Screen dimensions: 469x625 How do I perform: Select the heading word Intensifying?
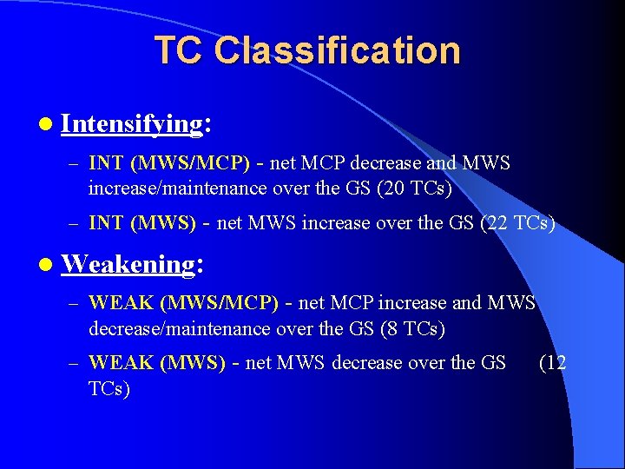[x=131, y=124]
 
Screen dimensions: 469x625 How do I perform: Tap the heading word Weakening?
[x=128, y=263]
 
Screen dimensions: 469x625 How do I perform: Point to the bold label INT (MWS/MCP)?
[x=169, y=163]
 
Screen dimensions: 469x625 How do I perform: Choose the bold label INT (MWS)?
[x=142, y=223]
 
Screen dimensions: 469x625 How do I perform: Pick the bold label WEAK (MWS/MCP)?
[x=183, y=303]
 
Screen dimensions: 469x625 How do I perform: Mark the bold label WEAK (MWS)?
[x=157, y=363]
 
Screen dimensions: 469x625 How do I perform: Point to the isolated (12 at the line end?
[x=553, y=363]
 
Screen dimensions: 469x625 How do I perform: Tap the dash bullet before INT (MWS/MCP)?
[x=76, y=164]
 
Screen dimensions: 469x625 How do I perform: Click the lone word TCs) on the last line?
[x=109, y=388]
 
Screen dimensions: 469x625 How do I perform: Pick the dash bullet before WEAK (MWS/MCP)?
[x=76, y=304]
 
